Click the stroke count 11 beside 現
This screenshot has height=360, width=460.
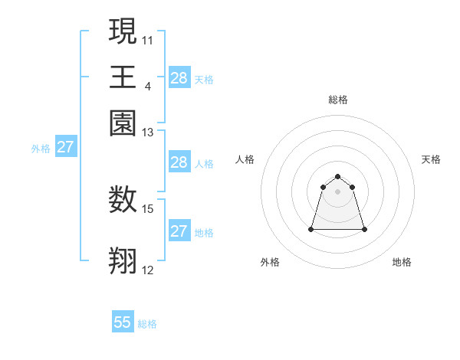coord(148,40)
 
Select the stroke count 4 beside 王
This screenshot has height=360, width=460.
coord(147,86)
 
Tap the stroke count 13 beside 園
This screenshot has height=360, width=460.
coord(148,133)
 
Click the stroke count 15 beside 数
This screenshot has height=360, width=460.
coord(148,208)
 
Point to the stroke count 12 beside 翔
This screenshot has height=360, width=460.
coord(148,270)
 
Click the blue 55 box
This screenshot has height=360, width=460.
coord(123,322)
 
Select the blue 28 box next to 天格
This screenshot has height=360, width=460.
coord(179,77)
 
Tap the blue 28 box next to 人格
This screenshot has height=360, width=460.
coord(179,162)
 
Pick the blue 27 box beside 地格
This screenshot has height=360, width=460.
coord(179,231)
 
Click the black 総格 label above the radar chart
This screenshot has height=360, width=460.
coord(338,100)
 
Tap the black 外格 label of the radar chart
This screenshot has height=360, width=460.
coord(270,263)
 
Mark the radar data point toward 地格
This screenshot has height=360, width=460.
coord(364,229)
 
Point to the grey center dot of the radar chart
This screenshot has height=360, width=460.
coord(338,191)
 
